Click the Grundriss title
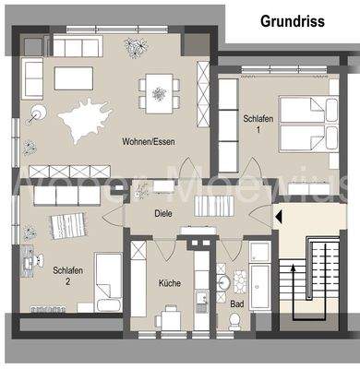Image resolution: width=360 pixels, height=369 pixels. tap(292, 20)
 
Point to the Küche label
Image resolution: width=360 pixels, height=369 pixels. tap(169, 283)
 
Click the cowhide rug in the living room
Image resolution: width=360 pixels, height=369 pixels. tap(90, 117)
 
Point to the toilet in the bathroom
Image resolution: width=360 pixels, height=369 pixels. tap(235, 320)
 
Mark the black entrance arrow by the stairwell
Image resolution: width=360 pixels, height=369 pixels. tap(277, 217)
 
